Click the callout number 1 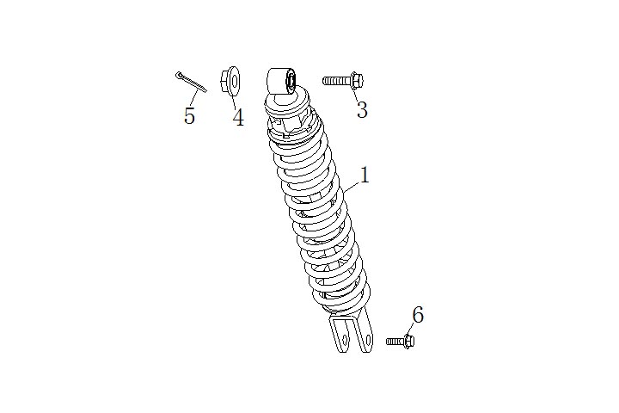click(365, 175)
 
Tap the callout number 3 click(362, 109)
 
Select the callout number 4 click(238, 117)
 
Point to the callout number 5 click(189, 116)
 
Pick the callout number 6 click(418, 315)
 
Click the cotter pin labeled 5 click(191, 82)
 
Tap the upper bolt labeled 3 click(343, 81)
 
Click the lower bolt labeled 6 click(401, 341)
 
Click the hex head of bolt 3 click(357, 81)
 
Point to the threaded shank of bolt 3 click(336, 81)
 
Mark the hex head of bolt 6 click(409, 341)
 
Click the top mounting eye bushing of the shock click(282, 81)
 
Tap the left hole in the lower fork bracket click(346, 340)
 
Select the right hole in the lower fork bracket click(369, 340)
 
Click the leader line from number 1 click(352, 187)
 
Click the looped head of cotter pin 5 click(179, 74)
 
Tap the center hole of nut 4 click(234, 82)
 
